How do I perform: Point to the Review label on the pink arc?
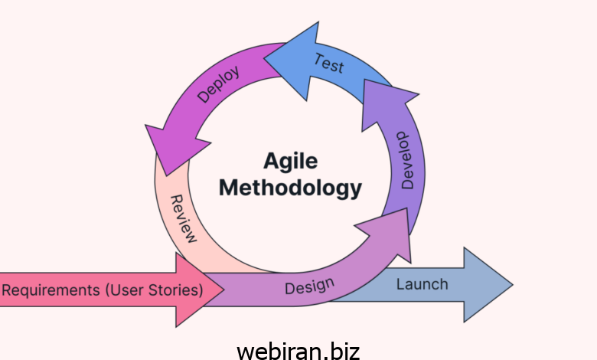point(183,218)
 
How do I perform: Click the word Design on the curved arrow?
point(309,287)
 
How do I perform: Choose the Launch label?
point(422,284)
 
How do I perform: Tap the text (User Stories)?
point(154,290)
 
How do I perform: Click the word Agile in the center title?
point(290,161)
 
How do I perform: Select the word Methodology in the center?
point(290,187)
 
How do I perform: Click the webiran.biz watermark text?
point(298,350)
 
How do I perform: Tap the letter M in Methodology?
point(230,187)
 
